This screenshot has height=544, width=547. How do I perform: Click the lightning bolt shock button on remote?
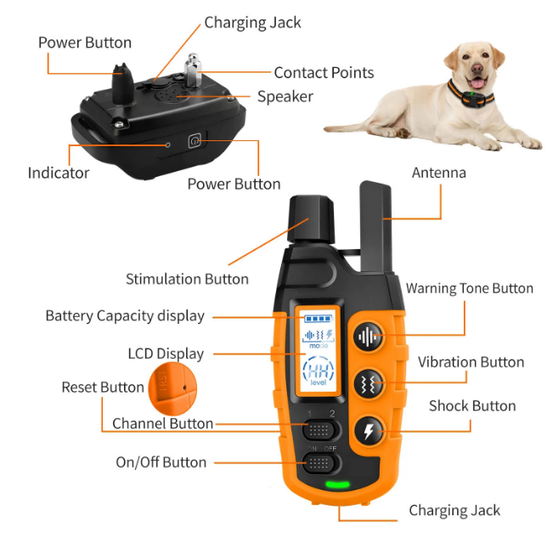point(369,430)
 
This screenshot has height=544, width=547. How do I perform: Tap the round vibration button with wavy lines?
point(369,382)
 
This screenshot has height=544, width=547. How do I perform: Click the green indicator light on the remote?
point(338,486)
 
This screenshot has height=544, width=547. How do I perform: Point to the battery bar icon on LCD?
point(316,320)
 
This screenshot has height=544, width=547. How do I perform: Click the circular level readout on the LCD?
point(319,371)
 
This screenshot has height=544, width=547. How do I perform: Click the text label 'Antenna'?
point(438,173)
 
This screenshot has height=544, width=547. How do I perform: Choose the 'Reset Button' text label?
point(103,388)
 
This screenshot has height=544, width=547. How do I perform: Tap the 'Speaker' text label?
point(285,96)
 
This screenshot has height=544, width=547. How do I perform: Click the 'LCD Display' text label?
point(166,354)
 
